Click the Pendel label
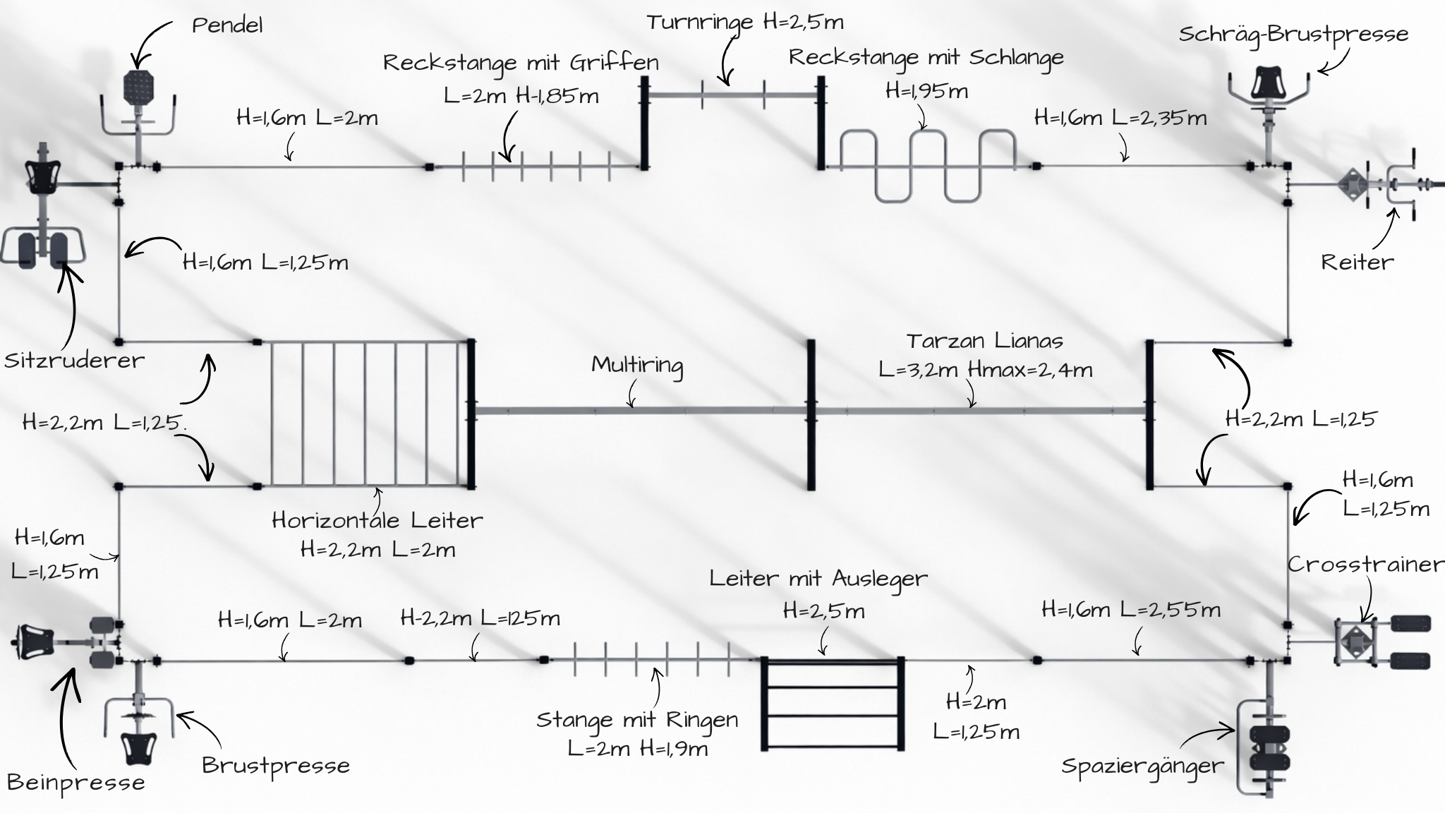[227, 26]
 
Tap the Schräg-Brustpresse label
[1293, 35]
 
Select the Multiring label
[637, 365]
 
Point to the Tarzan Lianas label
[984, 342]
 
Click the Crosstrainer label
[1365, 565]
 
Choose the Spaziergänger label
[1142, 766]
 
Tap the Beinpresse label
[75, 783]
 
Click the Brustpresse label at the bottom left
[275, 766]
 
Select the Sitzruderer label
[74, 361]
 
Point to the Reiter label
[1357, 263]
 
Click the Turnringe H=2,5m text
[744, 23]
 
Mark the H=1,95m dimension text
[926, 91]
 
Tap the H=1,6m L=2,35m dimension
[1120, 118]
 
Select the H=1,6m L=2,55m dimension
[1130, 609]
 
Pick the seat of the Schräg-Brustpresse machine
[1268, 82]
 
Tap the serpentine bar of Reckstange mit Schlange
[928, 166]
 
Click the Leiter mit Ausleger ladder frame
[832, 704]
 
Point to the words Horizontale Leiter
[377, 521]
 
